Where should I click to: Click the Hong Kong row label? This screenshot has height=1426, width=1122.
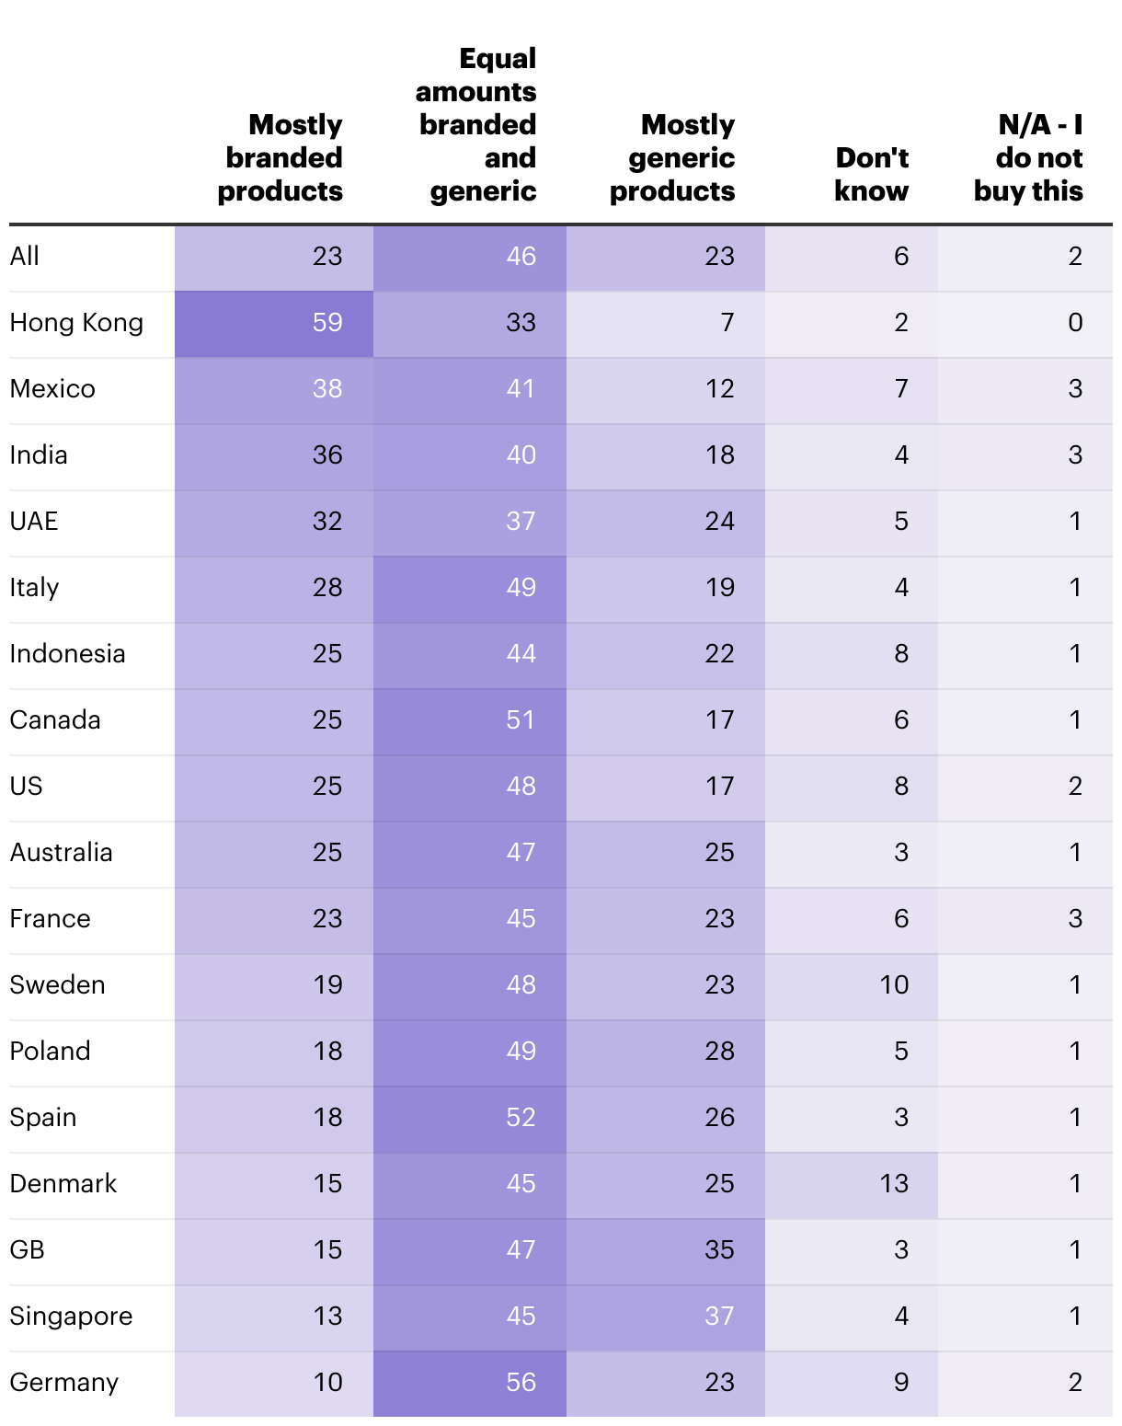[76, 323]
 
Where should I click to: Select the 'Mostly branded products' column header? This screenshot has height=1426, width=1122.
[280, 157]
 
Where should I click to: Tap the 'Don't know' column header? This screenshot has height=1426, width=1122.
[871, 174]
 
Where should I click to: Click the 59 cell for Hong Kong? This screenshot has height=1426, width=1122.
[327, 323]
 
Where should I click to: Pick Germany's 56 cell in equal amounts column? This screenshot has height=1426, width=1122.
[521, 1382]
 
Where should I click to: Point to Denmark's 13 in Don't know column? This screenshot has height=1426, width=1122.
[894, 1183]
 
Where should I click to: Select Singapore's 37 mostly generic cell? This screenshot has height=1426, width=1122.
[719, 1316]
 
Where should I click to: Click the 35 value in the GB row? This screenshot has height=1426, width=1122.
[719, 1249]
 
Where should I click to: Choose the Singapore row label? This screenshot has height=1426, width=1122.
[71, 1316]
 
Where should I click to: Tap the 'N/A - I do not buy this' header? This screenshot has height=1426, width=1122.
[1029, 157]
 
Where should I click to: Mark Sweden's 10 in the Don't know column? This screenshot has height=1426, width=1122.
[894, 984]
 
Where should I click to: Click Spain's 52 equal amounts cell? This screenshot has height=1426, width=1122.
[521, 1117]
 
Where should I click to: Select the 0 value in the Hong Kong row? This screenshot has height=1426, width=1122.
[1075, 323]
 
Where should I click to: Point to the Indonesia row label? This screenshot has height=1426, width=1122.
[67, 653]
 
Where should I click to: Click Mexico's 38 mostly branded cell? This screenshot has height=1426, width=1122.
[327, 388]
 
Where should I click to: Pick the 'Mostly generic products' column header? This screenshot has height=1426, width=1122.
[673, 157]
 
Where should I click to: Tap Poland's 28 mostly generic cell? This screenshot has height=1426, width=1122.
[719, 1051]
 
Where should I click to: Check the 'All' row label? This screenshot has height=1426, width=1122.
[25, 256]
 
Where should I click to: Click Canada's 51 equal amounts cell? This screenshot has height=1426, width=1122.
[521, 719]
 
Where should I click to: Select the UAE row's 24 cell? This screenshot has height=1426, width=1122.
[719, 521]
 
